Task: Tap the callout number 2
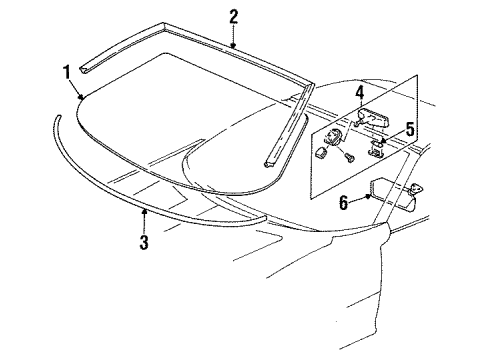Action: click(233, 15)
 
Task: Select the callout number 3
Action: click(145, 243)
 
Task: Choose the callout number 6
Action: click(343, 203)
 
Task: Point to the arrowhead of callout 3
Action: click(144, 211)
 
